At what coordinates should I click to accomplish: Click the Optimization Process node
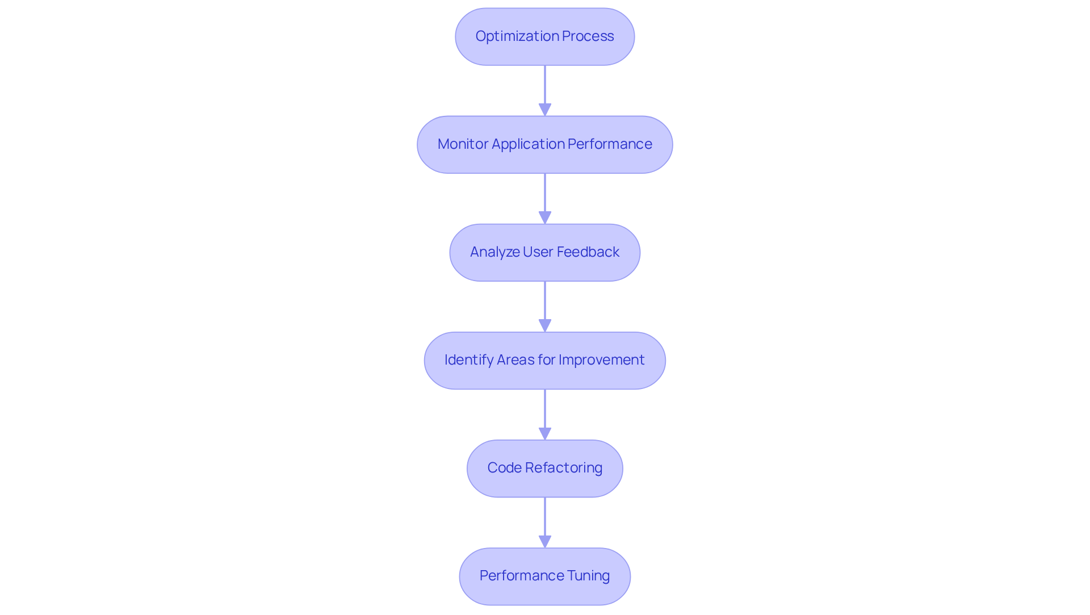(x=544, y=36)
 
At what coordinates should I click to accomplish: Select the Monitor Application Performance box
(x=544, y=144)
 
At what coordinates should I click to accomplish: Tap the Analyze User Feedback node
(x=544, y=252)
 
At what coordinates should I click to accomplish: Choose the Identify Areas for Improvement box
(x=544, y=360)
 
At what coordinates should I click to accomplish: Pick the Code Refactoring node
(x=544, y=468)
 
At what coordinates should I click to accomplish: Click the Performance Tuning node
(x=544, y=576)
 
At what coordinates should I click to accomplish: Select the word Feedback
(x=588, y=252)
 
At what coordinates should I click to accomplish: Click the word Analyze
(x=494, y=252)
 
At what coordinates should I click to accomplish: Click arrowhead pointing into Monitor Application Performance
(x=545, y=110)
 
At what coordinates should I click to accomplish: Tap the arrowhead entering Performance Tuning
(x=545, y=541)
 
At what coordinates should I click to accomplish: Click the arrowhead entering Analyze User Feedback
(x=545, y=217)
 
